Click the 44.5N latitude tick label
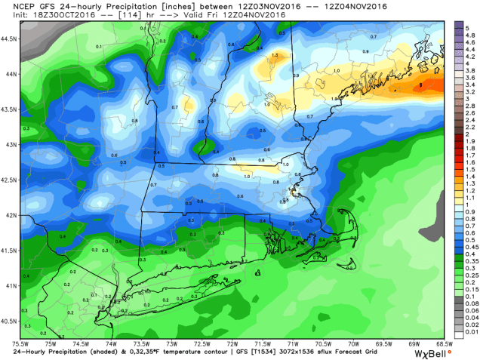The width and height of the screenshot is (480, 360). click(x=9, y=37)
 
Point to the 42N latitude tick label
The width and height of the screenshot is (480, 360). click(x=9, y=216)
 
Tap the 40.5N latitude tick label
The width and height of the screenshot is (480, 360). click(x=9, y=322)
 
